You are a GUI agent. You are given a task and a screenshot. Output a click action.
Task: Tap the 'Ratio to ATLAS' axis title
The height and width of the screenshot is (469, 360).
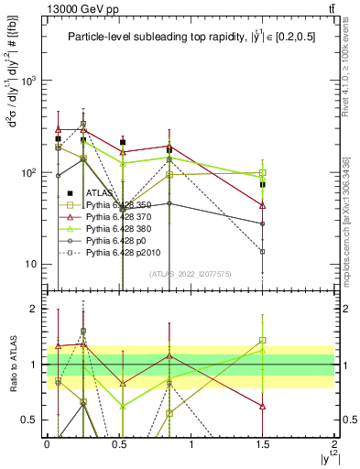(12, 365)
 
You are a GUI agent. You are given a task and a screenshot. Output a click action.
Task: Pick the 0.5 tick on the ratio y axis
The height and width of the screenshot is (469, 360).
(29, 420)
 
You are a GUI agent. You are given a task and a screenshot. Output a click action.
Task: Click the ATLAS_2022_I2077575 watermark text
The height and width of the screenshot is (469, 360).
(190, 273)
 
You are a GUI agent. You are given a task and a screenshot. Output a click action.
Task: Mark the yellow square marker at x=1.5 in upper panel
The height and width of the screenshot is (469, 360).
(263, 173)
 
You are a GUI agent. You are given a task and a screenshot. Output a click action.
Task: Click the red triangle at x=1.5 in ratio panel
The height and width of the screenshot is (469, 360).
(263, 405)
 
